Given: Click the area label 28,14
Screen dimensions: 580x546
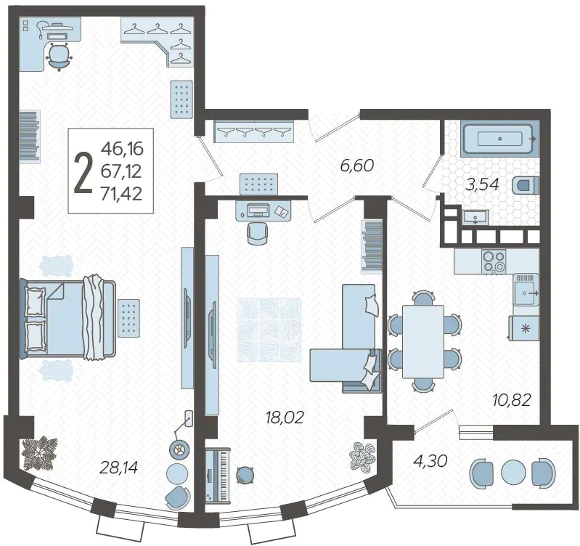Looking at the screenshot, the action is pyautogui.click(x=119, y=468).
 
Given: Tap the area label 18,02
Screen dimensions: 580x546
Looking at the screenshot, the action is pyautogui.click(x=285, y=417).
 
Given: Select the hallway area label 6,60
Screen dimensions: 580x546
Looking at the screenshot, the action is pyautogui.click(x=357, y=165).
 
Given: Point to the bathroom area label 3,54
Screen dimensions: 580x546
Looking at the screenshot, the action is pyautogui.click(x=482, y=184).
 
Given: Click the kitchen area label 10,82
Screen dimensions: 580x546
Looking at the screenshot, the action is pyautogui.click(x=512, y=400).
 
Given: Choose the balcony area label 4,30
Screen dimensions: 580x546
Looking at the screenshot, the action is pyautogui.click(x=430, y=461).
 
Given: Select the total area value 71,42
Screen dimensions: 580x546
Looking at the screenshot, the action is pyautogui.click(x=122, y=193).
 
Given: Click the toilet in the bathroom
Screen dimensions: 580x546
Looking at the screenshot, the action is pyautogui.click(x=526, y=184).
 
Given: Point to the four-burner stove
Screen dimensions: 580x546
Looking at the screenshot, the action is pyautogui.click(x=494, y=261).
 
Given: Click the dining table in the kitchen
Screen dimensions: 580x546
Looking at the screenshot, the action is pyautogui.click(x=423, y=341).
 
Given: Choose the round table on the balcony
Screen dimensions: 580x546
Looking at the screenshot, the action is pyautogui.click(x=513, y=473).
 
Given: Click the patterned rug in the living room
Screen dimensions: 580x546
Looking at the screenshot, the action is pyautogui.click(x=269, y=330).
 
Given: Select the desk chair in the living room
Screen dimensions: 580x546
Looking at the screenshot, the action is pyautogui.click(x=257, y=233).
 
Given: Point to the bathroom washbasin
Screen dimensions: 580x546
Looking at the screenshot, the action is pyautogui.click(x=475, y=217).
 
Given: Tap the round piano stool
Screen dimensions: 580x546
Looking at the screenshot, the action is pyautogui.click(x=244, y=475).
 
